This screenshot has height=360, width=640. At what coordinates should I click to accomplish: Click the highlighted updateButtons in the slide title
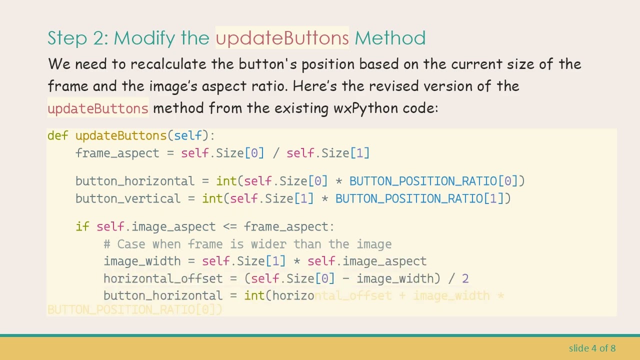click(x=282, y=38)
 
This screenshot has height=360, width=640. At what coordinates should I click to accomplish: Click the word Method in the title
click(x=390, y=38)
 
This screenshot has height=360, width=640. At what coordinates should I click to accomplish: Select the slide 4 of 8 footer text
click(x=592, y=348)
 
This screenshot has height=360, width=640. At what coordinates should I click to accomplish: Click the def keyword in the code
click(x=57, y=135)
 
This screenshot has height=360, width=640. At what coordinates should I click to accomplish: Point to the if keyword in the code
click(x=82, y=226)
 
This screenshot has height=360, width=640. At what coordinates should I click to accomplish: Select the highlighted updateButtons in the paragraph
click(x=98, y=108)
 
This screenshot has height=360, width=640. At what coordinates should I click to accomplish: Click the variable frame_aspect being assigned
click(x=117, y=153)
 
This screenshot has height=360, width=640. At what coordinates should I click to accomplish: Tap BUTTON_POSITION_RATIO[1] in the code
click(x=423, y=198)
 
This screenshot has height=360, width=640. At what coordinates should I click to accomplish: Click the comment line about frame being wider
click(x=247, y=244)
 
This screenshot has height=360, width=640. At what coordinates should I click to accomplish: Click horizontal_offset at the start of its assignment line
click(x=163, y=278)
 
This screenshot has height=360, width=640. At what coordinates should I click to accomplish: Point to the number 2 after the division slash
click(x=465, y=278)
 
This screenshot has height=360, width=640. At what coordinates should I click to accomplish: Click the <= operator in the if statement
click(x=229, y=226)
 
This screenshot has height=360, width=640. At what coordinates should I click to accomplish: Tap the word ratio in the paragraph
click(x=268, y=86)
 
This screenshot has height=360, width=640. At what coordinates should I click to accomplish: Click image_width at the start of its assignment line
click(x=142, y=261)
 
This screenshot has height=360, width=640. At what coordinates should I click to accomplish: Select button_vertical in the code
click(x=127, y=198)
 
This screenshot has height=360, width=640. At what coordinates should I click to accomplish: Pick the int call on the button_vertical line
click(x=212, y=198)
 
